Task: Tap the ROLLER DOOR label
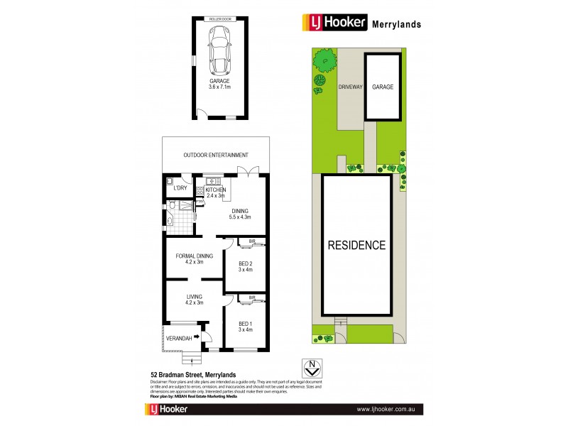219,18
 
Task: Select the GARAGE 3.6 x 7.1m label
219,84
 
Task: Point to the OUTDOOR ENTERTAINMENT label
216,155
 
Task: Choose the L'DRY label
180,188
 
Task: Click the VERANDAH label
179,338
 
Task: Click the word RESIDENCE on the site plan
356,246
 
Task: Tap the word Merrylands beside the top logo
397,23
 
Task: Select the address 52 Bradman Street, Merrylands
193,375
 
